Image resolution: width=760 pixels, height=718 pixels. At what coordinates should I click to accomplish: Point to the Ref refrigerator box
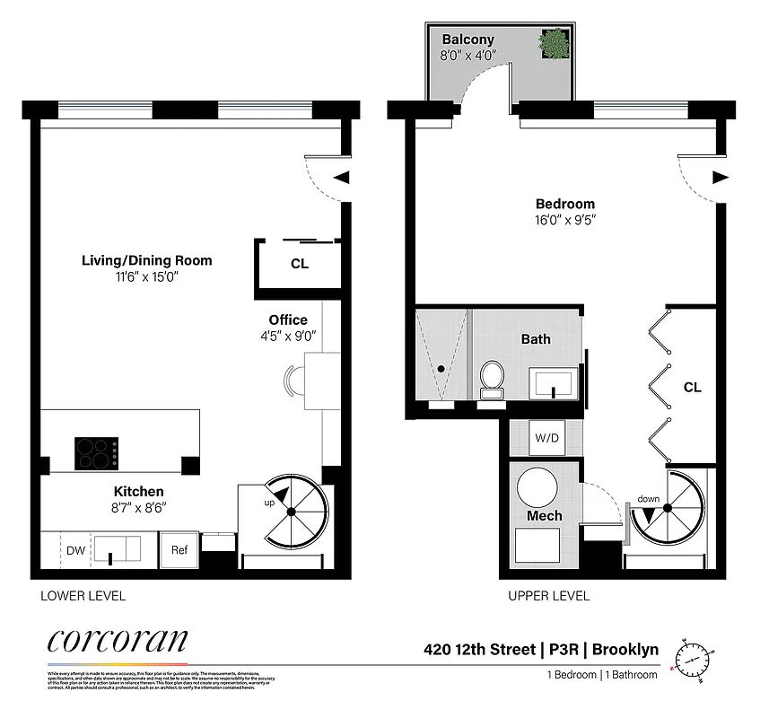click(x=179, y=549)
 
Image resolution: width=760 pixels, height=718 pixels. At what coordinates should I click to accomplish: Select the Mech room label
click(x=544, y=515)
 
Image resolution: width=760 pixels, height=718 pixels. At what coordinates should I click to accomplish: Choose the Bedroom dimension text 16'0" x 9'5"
click(x=565, y=218)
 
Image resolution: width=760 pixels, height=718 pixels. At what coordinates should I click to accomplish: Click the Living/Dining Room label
click(x=147, y=260)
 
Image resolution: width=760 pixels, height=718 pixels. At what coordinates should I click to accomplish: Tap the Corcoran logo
click(x=117, y=641)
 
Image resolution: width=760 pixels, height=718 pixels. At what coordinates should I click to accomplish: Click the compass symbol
click(x=694, y=658)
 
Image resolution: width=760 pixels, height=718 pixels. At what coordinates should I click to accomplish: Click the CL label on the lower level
click(x=299, y=264)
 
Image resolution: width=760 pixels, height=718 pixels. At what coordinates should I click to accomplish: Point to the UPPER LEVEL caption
click(x=548, y=595)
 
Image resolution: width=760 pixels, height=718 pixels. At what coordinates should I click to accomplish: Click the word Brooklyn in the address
click(x=625, y=649)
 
